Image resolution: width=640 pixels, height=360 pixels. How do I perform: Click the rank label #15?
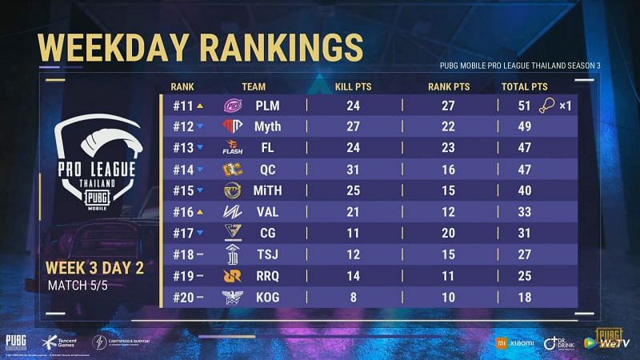182,190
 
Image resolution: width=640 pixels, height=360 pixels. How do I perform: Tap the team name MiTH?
268,190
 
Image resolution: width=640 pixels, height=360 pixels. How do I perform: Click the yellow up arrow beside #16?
200,211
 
